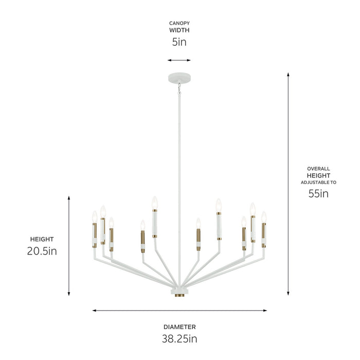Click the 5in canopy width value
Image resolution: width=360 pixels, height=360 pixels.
179,42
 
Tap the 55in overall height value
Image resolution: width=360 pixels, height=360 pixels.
318,193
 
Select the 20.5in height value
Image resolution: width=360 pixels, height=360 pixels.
42,251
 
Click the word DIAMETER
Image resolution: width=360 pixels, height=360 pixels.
180,327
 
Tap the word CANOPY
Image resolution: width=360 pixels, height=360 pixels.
179,23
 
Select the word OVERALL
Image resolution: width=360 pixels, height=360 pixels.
318,168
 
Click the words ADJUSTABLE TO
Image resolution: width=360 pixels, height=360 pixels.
318,183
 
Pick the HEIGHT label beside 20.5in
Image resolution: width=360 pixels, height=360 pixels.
42,239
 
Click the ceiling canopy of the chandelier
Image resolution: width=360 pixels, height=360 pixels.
179,77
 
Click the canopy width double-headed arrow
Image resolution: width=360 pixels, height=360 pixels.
179,60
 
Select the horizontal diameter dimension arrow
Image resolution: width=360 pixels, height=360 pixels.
180,311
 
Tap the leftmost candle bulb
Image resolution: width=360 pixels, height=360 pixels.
94,217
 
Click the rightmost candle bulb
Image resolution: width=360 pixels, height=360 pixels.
264,217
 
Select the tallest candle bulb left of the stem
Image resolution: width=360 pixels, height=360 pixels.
154,202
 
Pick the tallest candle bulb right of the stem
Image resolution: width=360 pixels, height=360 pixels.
219,204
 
